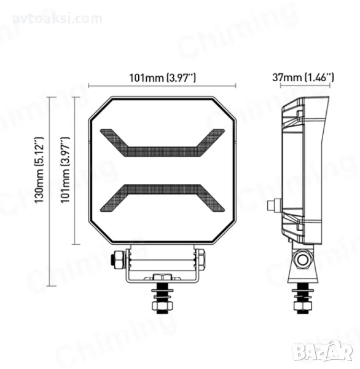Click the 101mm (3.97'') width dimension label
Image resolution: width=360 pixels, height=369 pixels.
point(162,77)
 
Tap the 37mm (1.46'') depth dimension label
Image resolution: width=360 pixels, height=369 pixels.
point(303,77)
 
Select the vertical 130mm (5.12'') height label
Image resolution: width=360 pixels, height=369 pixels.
point(39,170)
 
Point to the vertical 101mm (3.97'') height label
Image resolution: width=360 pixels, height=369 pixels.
point(65,170)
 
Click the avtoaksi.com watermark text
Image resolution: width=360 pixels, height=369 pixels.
point(57,19)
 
